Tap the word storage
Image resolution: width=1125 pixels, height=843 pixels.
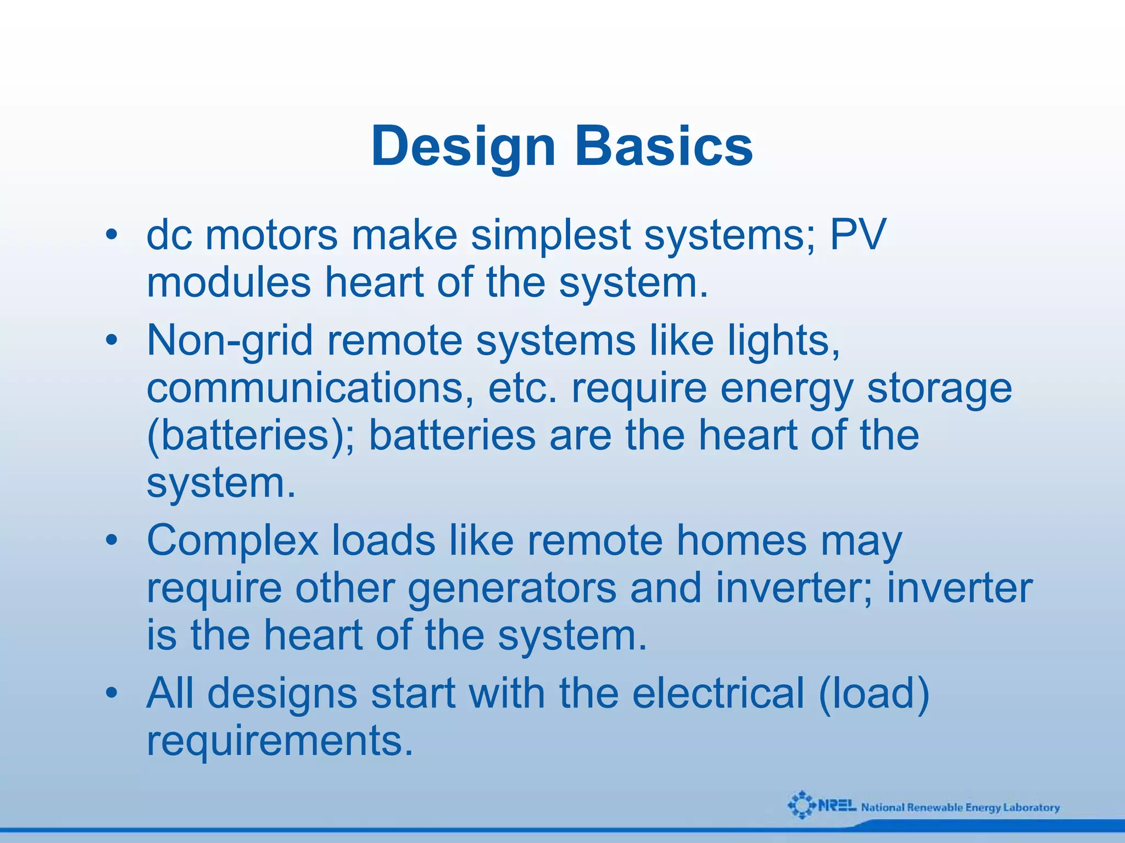[x=939, y=389]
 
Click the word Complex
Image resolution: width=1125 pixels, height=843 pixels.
[x=232, y=541]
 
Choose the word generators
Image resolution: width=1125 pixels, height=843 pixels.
[x=512, y=589]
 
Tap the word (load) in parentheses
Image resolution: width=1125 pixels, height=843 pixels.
[x=873, y=694]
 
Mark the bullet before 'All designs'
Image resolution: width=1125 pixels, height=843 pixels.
[x=112, y=694]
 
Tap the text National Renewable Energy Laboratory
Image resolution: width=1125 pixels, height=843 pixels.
[x=960, y=807]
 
